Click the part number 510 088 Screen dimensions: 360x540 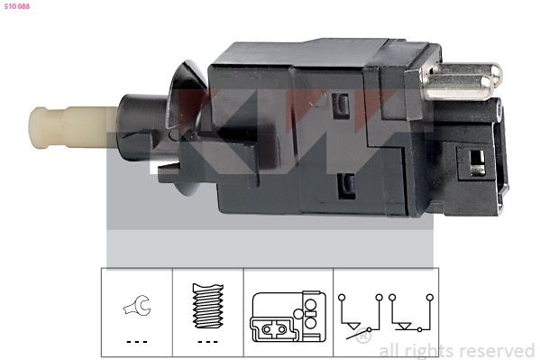pyautogui.click(x=17, y=7)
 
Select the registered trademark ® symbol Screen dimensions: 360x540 pyautogui.click(x=362, y=337)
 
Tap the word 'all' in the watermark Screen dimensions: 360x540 pyautogui.click(x=390, y=350)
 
